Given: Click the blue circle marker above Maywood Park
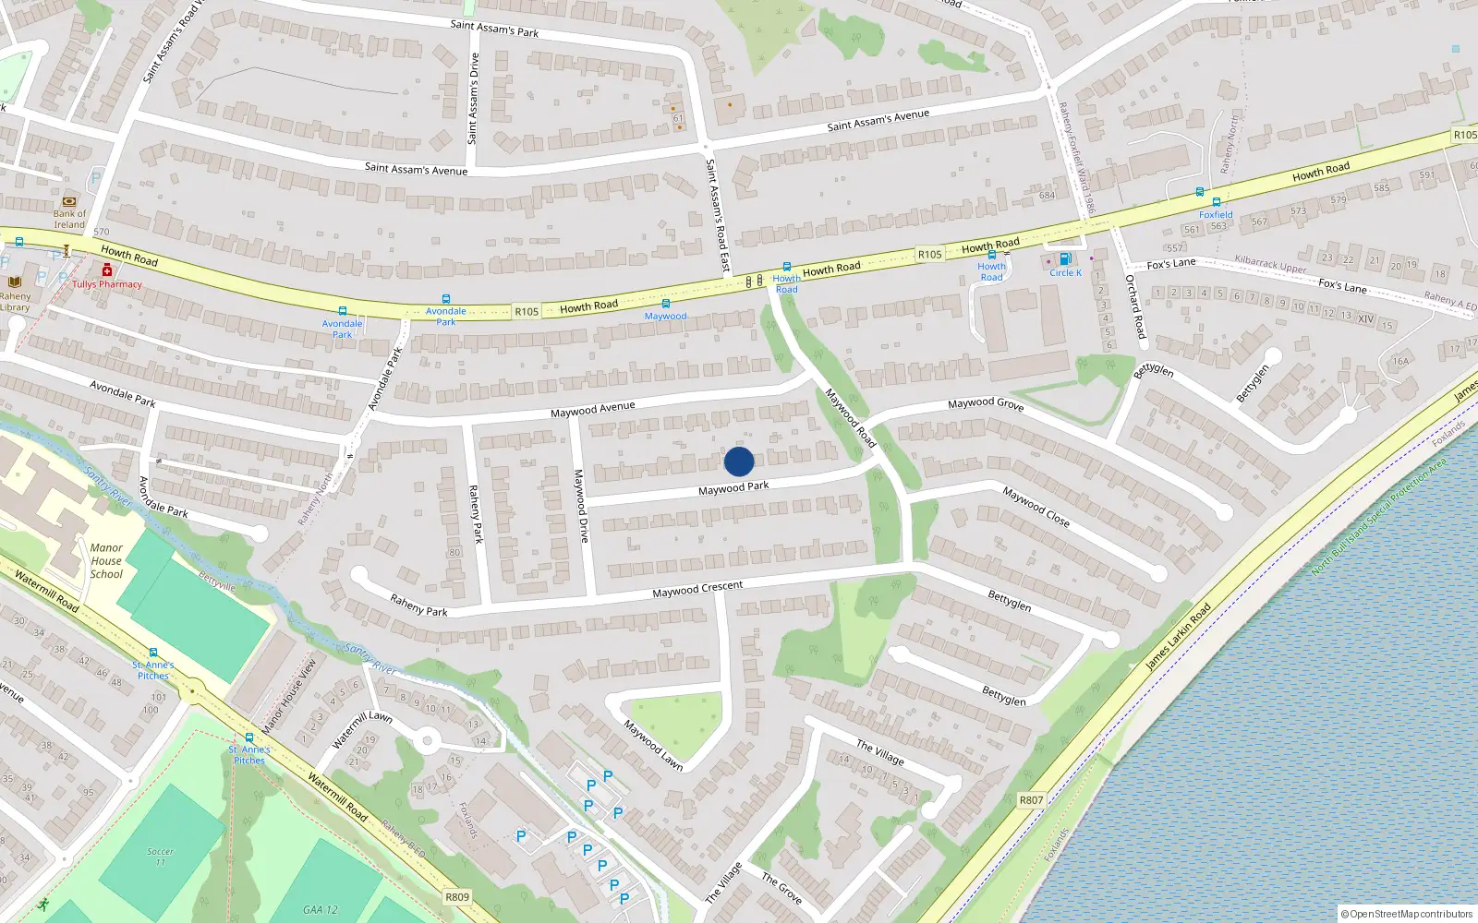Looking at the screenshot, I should click(x=739, y=461).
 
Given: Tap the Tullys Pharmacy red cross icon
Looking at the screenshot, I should click(x=107, y=270).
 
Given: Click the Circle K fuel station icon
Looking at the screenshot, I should click(x=1065, y=259).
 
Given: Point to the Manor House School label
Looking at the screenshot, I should click(x=106, y=560).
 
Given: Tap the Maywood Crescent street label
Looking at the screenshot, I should click(x=697, y=589).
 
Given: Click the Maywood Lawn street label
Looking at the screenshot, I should click(x=653, y=745).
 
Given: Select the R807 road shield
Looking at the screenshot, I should click(x=1031, y=800).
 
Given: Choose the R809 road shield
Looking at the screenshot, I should click(x=457, y=897).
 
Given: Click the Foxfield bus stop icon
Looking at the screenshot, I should click(x=1216, y=202).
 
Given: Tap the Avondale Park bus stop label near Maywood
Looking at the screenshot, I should click(x=445, y=317).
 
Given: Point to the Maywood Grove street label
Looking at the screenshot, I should click(x=986, y=403).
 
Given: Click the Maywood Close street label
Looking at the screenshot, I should click(x=1036, y=507).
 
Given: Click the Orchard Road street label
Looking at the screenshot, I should click(x=1135, y=306).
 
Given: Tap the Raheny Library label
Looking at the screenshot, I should click(x=15, y=302).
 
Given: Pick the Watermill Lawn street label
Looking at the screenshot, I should click(x=362, y=729).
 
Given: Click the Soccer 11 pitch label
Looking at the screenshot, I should click(x=160, y=857).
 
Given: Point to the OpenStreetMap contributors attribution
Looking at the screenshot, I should click(x=1407, y=914).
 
